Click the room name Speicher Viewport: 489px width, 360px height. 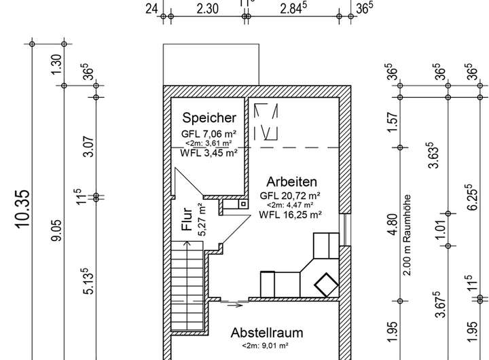(209, 118)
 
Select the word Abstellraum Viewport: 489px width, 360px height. (267, 333)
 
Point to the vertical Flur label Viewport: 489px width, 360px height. (187, 219)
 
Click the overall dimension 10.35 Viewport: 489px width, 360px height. (23, 209)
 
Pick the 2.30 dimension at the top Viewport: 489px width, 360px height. (207, 9)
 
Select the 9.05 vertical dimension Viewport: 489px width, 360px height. (57, 230)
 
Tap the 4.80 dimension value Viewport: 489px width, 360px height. (393, 224)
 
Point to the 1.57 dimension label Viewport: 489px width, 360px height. (393, 122)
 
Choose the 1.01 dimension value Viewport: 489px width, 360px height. (441, 230)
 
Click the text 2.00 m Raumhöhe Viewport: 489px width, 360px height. (407, 236)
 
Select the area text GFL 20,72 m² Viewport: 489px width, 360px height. (290, 196)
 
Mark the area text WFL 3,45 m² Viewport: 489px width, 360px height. (209, 153)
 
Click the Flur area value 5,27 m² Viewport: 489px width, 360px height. (202, 219)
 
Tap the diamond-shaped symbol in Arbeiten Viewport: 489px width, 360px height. (326, 285)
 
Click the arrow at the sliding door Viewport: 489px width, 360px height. (235, 306)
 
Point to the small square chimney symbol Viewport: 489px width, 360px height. (243, 204)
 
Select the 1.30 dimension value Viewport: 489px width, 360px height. (57, 65)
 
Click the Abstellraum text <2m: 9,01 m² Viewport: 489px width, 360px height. (265, 346)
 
